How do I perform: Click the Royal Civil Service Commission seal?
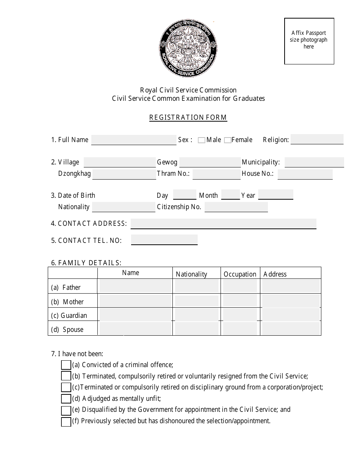coord(188,48)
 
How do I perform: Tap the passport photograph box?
coord(309,41)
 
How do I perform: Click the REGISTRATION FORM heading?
coord(188,117)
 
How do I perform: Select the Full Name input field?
coord(134,140)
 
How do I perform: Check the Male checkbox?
coord(202,140)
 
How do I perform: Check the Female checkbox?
coord(227,140)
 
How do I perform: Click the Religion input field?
coord(317,139)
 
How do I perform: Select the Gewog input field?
coord(210,162)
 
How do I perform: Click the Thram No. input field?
coord(216,174)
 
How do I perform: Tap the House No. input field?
coord(305,174)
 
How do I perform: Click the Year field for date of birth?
coord(275,195)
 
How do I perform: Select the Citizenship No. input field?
coord(236,207)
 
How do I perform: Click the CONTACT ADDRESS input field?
coord(223,224)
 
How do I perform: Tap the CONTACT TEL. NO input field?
coord(164,240)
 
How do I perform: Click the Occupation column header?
coord(240,274)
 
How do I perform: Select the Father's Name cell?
coord(135,286)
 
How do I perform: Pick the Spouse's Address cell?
coord(291,328)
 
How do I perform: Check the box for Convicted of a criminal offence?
coord(66,365)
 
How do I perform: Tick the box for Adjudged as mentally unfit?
coord(66,399)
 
